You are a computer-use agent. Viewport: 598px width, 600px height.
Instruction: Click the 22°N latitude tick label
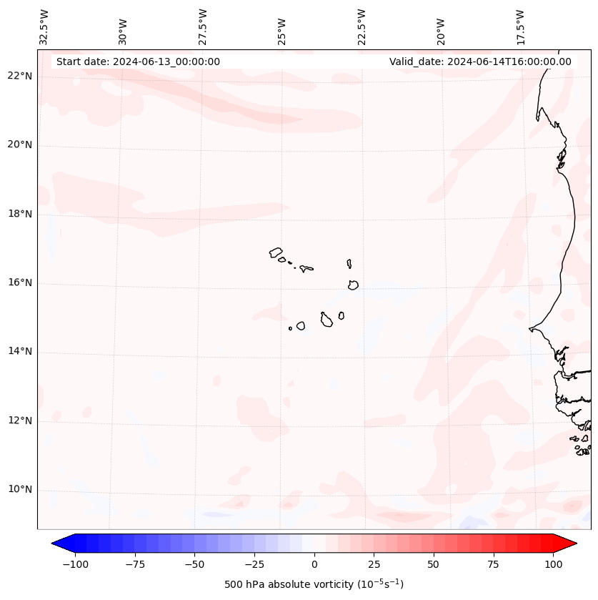tap(20, 77)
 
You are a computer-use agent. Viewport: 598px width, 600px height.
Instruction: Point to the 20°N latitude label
tap(20, 145)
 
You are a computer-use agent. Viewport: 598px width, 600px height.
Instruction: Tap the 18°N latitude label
tap(20, 214)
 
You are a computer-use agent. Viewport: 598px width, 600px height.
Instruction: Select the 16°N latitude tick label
tap(20, 283)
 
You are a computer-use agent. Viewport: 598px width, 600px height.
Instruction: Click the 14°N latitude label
tap(20, 352)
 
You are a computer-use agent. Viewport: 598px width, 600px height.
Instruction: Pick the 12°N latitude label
tap(20, 421)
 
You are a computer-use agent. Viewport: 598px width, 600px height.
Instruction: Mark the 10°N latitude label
tap(20, 490)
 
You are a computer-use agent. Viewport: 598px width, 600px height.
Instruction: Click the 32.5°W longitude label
tap(44, 27)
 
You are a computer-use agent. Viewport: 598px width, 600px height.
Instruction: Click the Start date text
tap(138, 62)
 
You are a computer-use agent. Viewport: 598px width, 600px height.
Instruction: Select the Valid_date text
tap(480, 62)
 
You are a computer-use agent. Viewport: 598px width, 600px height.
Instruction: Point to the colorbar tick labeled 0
tap(314, 564)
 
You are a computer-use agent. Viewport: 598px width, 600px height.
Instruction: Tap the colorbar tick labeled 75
tap(493, 564)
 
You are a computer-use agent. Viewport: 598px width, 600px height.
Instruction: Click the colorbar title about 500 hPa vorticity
tap(314, 584)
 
